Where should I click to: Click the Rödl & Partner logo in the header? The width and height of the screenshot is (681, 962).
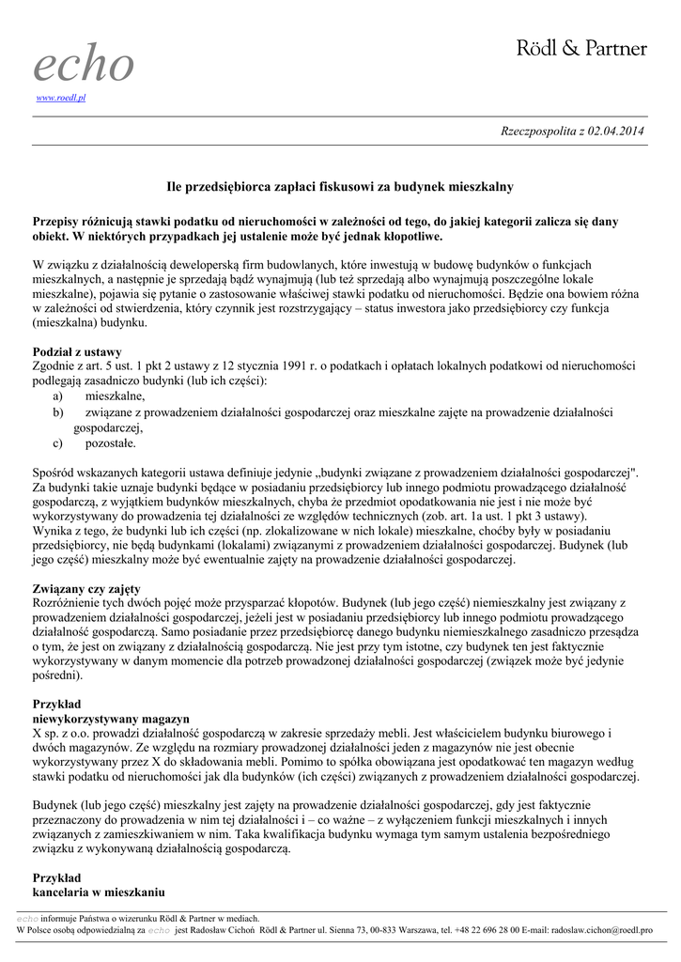[x=582, y=48]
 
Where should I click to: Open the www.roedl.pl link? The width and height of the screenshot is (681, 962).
[x=60, y=98]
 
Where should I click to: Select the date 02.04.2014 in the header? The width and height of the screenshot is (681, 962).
[x=616, y=131]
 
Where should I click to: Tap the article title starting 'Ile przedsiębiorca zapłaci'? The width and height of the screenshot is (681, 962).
[x=339, y=187]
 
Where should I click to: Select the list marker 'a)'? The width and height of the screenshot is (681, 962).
[x=58, y=396]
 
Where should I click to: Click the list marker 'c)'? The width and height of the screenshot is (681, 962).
[x=58, y=442]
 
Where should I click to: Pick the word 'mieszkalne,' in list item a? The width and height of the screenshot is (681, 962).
[x=115, y=396]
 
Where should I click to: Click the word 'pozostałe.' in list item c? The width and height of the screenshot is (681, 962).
[x=111, y=442]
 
